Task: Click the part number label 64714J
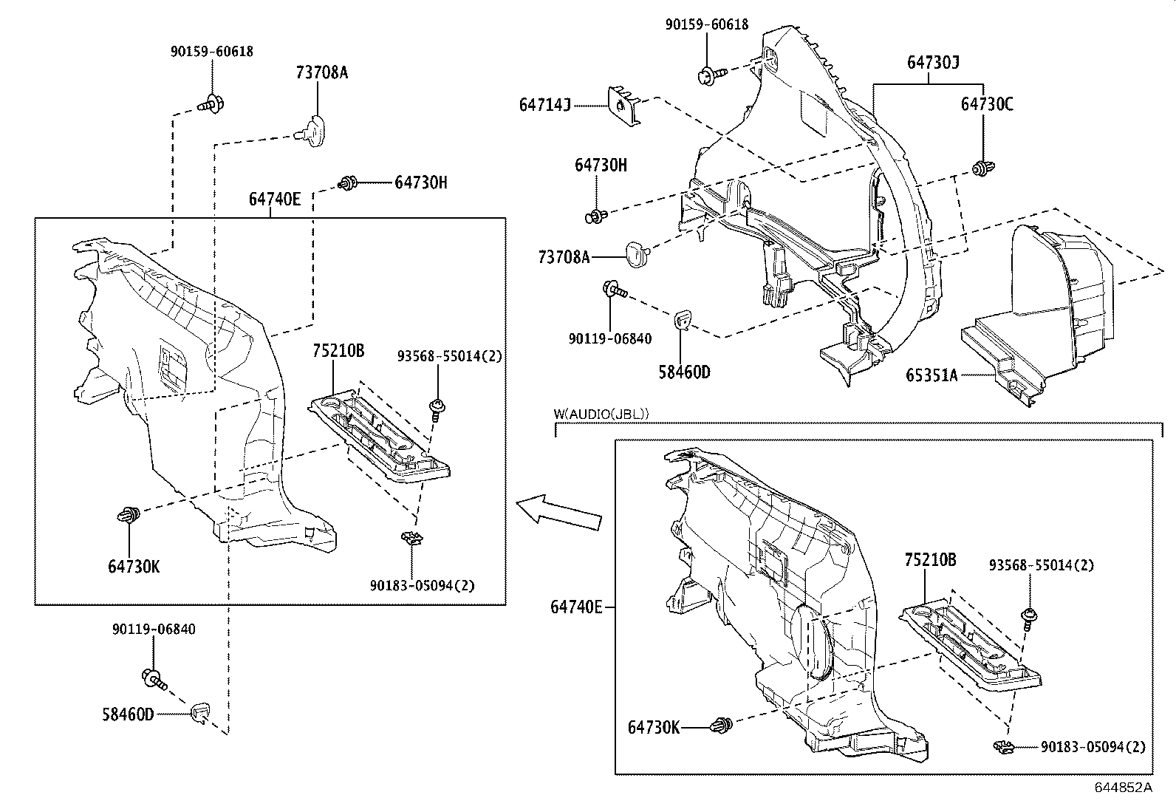tap(545, 106)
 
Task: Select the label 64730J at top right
tap(934, 63)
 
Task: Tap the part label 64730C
tap(987, 104)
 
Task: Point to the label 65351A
tap(931, 375)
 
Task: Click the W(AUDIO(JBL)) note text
tap(601, 414)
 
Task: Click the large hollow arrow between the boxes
tap(558, 512)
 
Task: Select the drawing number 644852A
tap(1123, 787)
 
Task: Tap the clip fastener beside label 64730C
tap(982, 168)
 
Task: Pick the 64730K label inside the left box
tap(134, 567)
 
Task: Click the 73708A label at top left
tap(321, 72)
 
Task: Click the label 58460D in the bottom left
tap(128, 714)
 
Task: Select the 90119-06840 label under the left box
tap(154, 630)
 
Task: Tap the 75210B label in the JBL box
tap(930, 560)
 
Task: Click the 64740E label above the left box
tap(275, 199)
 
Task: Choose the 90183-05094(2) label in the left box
tap(423, 585)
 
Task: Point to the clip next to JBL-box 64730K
tap(722, 726)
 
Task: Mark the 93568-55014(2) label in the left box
tap(449, 356)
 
